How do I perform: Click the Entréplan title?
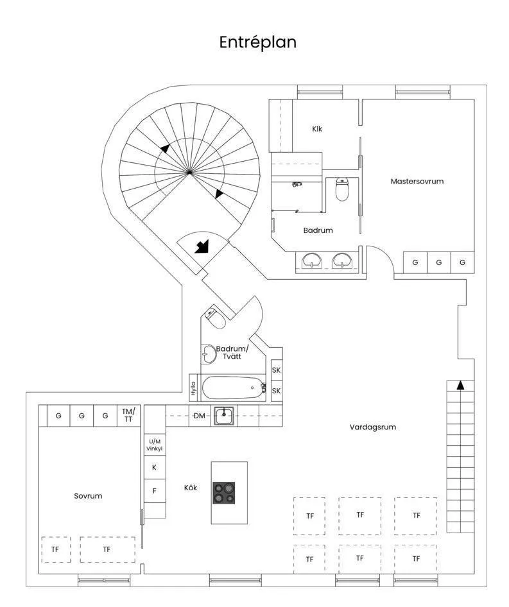pos(257,42)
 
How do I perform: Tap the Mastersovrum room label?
pos(417,182)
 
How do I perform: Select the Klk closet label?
pos(317,129)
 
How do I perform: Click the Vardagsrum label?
pos(373,427)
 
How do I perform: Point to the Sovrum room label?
pos(88,496)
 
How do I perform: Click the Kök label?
pos(191,488)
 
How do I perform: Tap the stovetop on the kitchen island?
pos(224,492)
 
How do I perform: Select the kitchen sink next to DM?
pos(224,415)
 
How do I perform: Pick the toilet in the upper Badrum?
pos(342,189)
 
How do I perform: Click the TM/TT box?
pos(128,415)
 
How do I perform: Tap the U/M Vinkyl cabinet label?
pos(154,445)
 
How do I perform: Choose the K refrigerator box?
pos(154,468)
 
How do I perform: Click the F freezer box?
pos(154,492)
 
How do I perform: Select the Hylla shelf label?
pos(193,388)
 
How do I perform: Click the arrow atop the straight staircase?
pos(460,385)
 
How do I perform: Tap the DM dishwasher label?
pos(200,416)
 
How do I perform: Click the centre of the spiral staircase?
pos(189,171)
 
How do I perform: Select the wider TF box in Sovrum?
pos(107,549)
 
